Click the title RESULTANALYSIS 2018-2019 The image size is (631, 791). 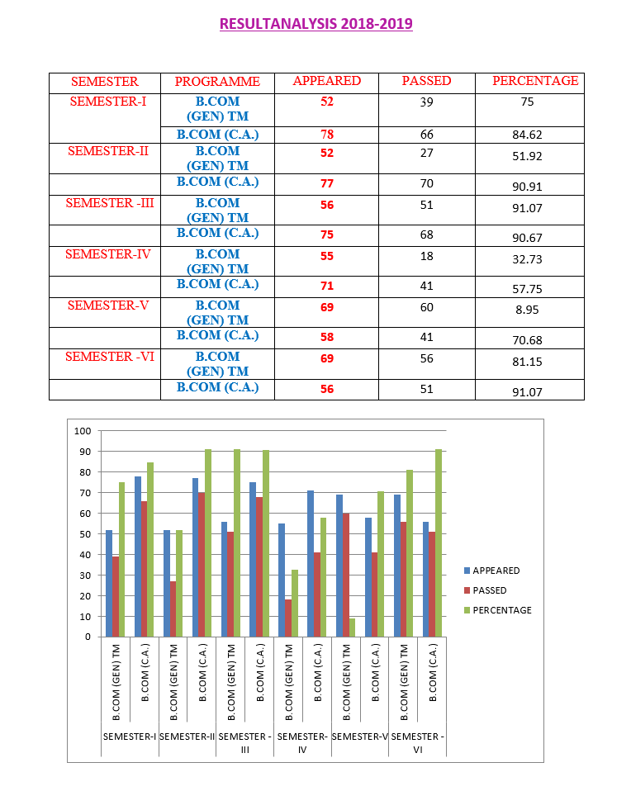[315, 23]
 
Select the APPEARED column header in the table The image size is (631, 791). [327, 81]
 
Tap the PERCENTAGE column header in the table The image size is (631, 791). [535, 81]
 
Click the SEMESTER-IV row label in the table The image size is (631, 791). [108, 254]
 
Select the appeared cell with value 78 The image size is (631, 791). [327, 135]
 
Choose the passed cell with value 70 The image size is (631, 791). [426, 184]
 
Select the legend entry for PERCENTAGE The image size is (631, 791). [501, 610]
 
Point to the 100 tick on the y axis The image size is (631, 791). [82, 431]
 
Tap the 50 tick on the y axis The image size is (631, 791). [84, 534]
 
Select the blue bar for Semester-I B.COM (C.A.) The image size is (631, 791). [137, 557]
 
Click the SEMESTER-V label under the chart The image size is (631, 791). [360, 736]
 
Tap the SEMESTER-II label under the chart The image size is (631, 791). [187, 736]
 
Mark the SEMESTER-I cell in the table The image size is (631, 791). [108, 102]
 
